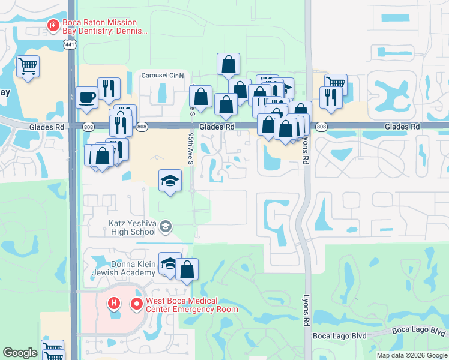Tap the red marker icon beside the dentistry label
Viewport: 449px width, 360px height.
pos(53,26)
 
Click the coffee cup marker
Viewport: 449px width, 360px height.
pos(87,97)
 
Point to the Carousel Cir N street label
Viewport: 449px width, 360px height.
pos(164,76)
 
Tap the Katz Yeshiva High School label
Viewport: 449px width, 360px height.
pos(132,227)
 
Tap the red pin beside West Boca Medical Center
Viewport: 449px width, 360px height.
pos(136,305)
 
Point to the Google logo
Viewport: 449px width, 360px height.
pos(20,353)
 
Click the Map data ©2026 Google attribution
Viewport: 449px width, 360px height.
pos(412,355)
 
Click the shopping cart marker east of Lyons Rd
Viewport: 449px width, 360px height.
pos(336,83)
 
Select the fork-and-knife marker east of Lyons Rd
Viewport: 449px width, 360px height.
pos(331,97)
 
